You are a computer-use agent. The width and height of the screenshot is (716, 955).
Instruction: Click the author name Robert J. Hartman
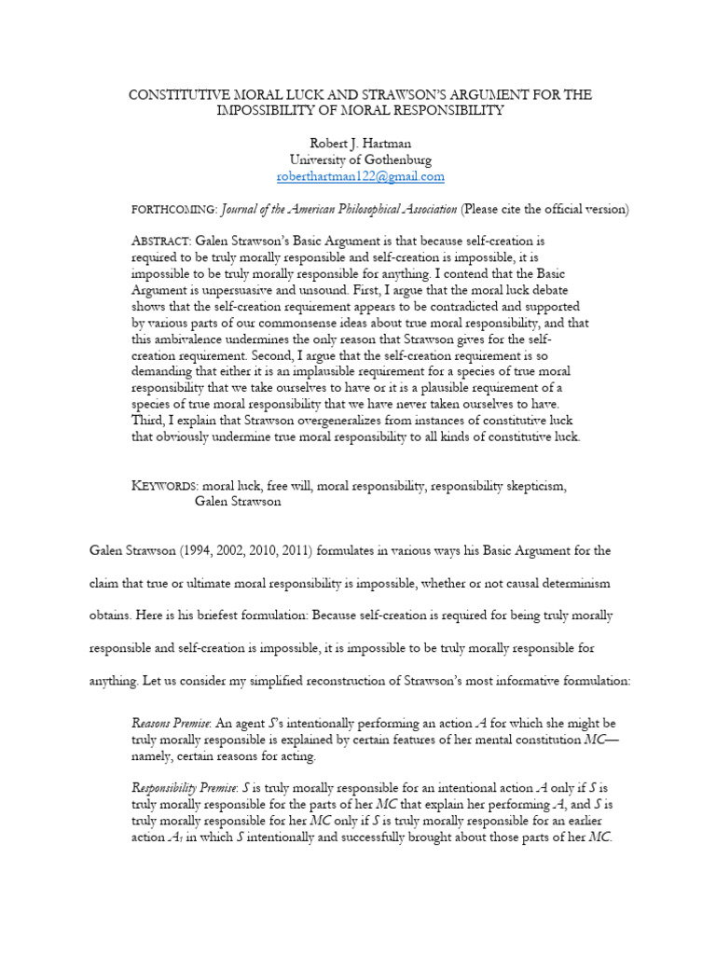coord(359,144)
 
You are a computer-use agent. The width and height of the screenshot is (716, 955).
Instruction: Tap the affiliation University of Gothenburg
coord(359,159)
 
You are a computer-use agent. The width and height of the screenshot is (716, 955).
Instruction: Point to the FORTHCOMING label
coord(174,208)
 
